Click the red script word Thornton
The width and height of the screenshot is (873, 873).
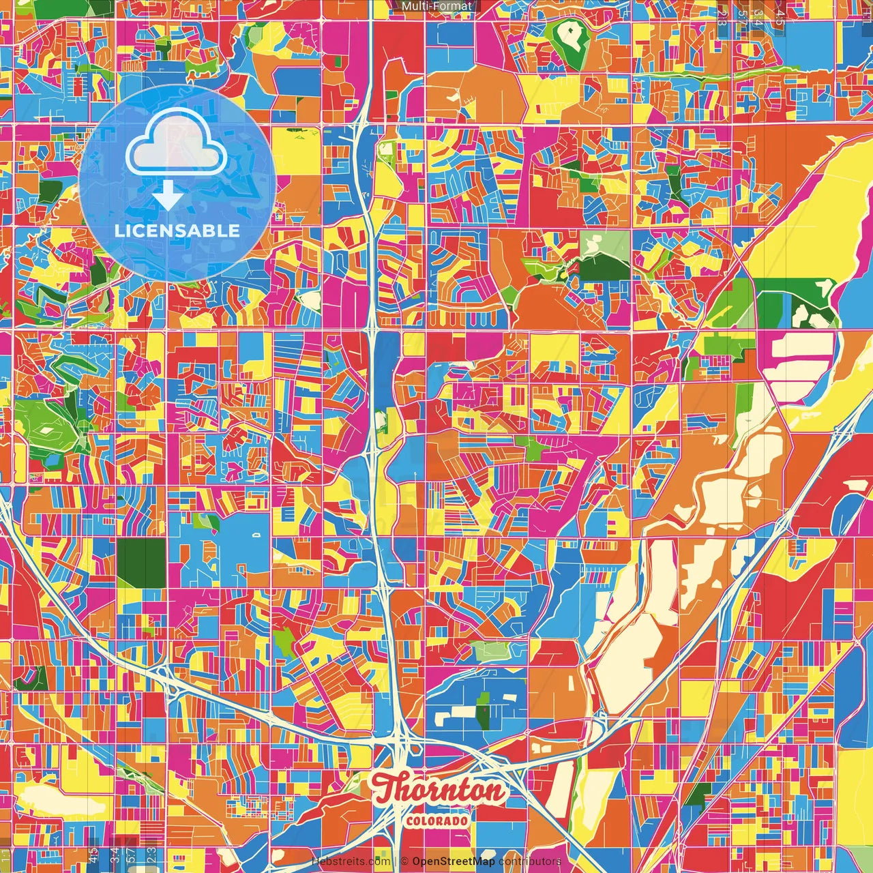[441, 790]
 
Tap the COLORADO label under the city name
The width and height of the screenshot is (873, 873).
[436, 820]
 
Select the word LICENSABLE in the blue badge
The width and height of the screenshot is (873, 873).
[177, 231]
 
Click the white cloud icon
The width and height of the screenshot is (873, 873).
[177, 147]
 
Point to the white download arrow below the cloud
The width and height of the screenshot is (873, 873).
[167, 196]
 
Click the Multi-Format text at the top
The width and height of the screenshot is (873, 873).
[436, 6]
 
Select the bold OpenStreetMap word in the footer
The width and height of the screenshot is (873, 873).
[453, 861]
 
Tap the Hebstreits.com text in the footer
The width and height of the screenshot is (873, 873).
[351, 861]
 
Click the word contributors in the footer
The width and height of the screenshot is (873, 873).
[530, 861]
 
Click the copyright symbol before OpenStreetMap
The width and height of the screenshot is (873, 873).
[404, 861]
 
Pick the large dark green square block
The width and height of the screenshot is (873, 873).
[141, 562]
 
